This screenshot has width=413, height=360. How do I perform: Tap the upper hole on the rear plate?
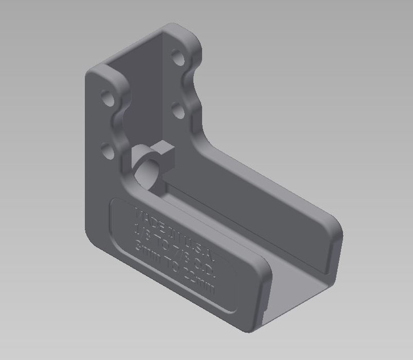pos(178,58)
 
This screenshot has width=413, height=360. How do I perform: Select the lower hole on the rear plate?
pos(178,110)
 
